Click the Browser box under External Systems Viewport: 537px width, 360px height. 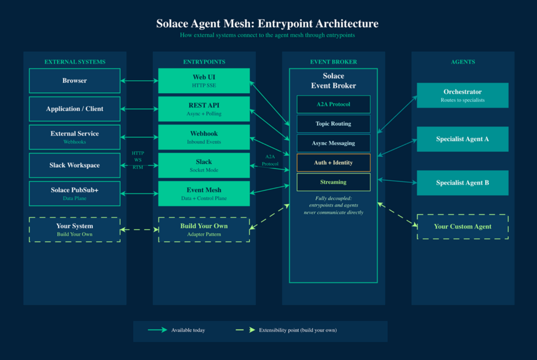[x=74, y=81]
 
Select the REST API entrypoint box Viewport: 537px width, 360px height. [x=204, y=109]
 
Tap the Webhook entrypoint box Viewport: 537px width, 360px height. [x=204, y=137]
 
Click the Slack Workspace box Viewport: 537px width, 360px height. [x=74, y=166]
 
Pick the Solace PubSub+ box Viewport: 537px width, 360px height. [x=74, y=193]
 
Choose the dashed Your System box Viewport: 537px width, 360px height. [x=74, y=230]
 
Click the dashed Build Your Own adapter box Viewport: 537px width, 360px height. [x=204, y=230]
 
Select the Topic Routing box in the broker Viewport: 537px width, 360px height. [x=333, y=124]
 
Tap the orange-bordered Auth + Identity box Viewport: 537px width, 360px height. [x=333, y=162]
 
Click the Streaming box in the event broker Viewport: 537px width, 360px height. [x=333, y=182]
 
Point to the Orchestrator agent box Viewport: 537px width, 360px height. [x=463, y=95]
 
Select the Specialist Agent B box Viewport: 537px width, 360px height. [x=463, y=183]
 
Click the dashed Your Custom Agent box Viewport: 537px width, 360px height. [x=463, y=226]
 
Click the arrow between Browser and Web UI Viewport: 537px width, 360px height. [x=139, y=81]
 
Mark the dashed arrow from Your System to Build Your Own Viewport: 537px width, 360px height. [x=139, y=230]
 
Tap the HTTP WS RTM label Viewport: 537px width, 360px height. [x=138, y=160]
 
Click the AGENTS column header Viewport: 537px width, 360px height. [x=463, y=62]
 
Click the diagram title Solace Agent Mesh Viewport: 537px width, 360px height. [x=267, y=24]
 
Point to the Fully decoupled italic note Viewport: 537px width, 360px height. [x=333, y=205]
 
